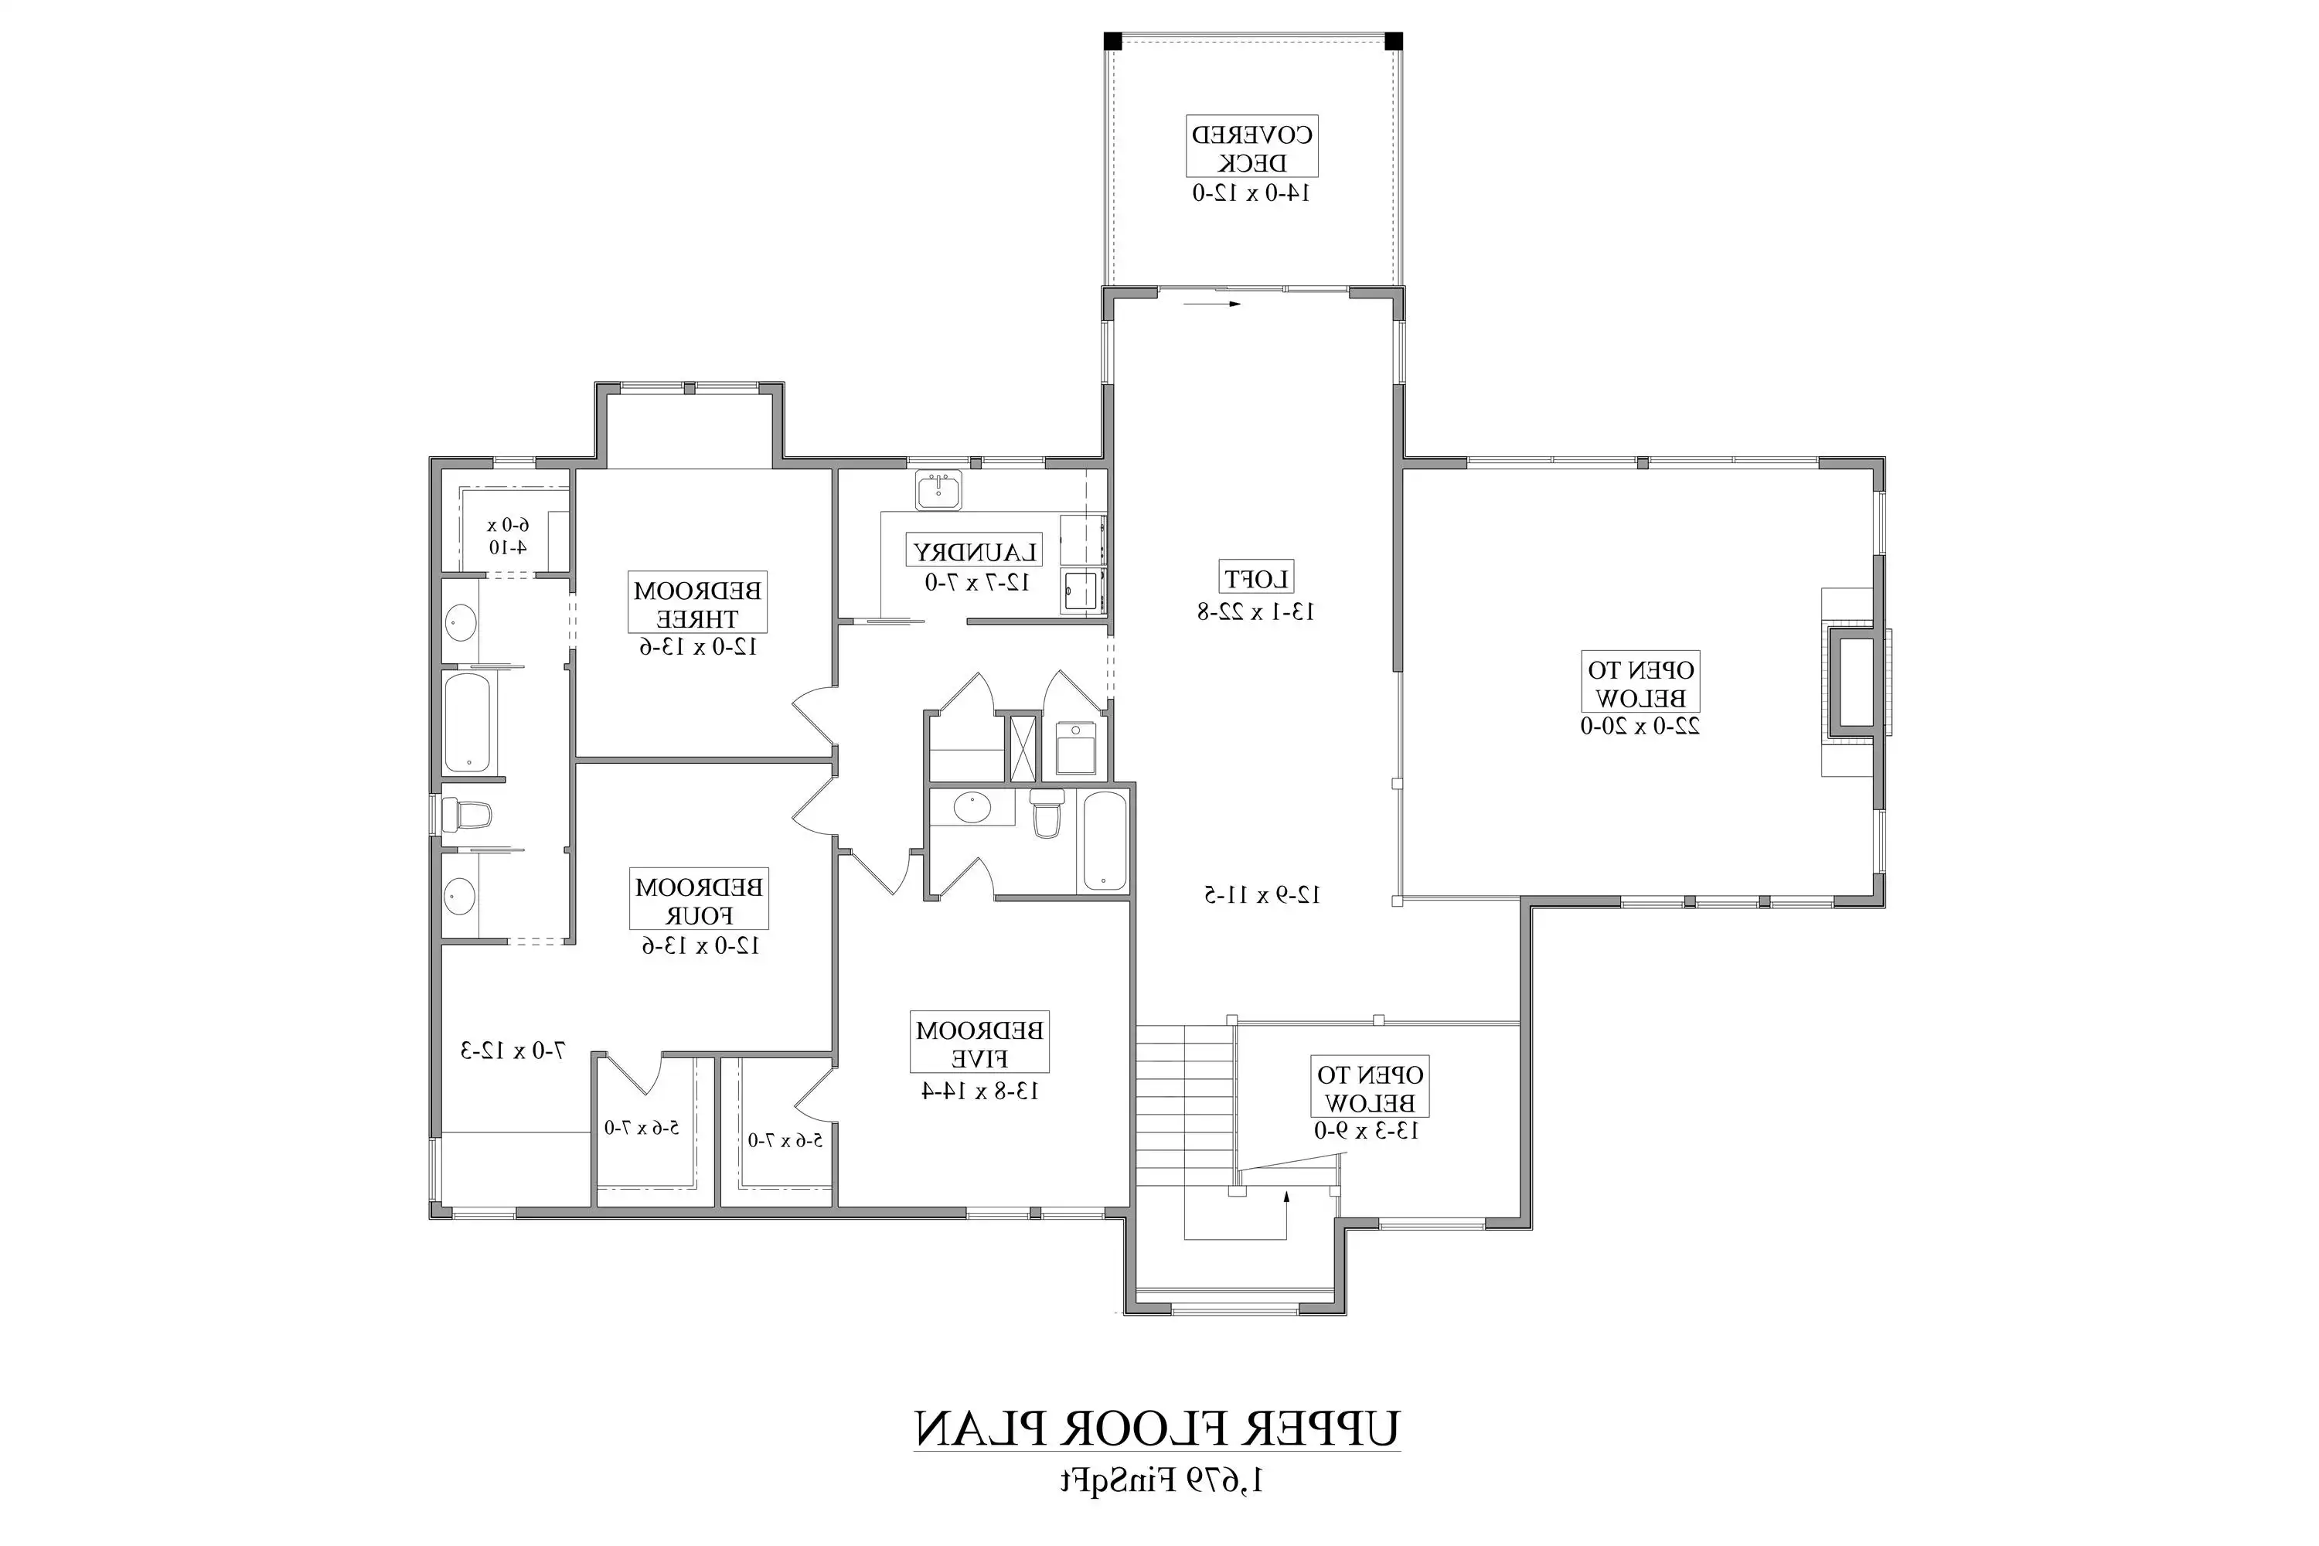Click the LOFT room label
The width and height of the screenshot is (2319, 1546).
1257,577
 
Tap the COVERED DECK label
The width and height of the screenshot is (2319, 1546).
1251,148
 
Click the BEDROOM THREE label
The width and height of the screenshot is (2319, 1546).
697,604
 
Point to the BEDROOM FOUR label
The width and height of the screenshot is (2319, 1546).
698,901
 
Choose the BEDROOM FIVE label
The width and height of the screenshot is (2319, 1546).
979,1044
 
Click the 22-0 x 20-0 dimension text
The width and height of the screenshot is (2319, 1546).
1640,727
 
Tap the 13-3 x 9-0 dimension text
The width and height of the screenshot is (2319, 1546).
1367,1131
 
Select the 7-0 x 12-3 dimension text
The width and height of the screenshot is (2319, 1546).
512,1051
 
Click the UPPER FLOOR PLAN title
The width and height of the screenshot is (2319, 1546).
1156,1428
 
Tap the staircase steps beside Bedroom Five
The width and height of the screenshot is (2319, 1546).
1183,1105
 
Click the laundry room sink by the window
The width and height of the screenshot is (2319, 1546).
938,490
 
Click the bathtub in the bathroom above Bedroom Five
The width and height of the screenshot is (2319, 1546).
1105,841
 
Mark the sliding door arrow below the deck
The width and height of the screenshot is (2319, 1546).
1212,304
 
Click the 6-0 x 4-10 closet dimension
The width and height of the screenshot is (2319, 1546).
508,536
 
